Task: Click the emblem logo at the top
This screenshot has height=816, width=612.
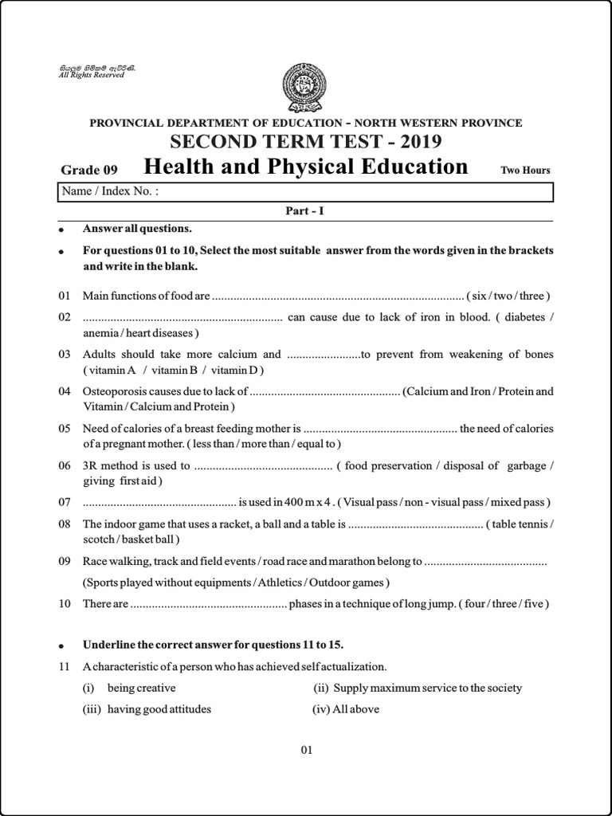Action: (305, 88)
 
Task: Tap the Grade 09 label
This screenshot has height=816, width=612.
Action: (89, 170)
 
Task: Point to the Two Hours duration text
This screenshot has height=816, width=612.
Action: (525, 170)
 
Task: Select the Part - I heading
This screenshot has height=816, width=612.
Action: (305, 211)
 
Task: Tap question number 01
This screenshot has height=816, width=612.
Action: (65, 296)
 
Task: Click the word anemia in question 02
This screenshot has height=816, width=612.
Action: (101, 332)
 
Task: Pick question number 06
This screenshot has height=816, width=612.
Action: (65, 465)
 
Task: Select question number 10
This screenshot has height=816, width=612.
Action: (65, 603)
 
